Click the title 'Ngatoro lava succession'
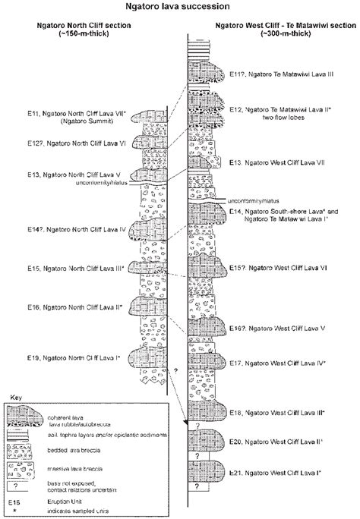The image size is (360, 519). tap(179, 7)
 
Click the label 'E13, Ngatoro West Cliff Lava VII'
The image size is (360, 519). tap(282, 162)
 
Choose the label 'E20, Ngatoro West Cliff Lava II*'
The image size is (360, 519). tap(278, 440)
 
